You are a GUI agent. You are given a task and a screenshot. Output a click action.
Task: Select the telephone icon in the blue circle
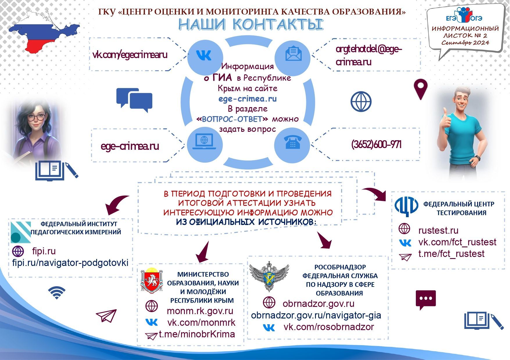pyautogui.click(x=292, y=143)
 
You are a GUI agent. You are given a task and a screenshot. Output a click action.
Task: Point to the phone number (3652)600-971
pyautogui.click(x=376, y=144)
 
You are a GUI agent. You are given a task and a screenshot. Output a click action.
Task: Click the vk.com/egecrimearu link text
pyautogui.click(x=130, y=55)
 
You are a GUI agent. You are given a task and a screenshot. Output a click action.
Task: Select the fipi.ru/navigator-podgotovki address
pyautogui.click(x=70, y=263)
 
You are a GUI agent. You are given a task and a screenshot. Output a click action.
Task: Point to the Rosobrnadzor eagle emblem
pyautogui.click(x=269, y=276)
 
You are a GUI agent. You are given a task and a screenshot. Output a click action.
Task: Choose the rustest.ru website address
pyautogui.click(x=438, y=231)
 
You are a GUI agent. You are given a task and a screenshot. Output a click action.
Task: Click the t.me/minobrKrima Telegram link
pyautogui.click(x=197, y=334)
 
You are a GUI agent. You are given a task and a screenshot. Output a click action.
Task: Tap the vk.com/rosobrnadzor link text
pyautogui.click(x=329, y=327)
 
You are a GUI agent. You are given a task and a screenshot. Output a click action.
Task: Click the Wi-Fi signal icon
pyautogui.click(x=57, y=293)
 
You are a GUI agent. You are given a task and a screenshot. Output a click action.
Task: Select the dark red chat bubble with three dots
pyautogui.click(x=426, y=299)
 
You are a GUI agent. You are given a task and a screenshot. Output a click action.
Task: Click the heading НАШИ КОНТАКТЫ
pyautogui.click(x=250, y=25)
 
